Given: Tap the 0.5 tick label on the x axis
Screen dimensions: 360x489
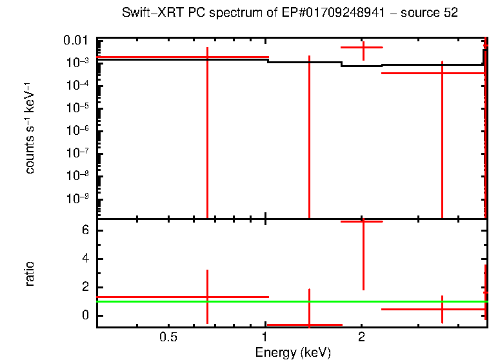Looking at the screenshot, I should coord(168,337).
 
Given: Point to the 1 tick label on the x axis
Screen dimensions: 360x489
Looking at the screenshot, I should coord(265,337).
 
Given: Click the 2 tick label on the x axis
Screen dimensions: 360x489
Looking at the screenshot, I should coord(362,337).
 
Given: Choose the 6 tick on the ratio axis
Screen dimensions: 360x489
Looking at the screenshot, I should coord(84,231).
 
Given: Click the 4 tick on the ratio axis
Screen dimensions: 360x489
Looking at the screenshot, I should coord(84,259).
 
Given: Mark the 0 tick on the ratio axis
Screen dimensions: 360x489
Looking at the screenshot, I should coord(84,315).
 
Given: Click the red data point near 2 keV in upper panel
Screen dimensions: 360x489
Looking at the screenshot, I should coord(363,47).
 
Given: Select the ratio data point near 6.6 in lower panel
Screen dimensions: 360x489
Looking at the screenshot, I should coord(363,221).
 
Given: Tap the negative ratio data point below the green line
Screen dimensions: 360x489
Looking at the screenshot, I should coord(309,325).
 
